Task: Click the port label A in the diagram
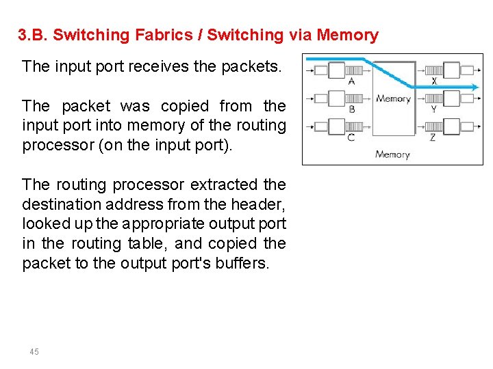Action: pyautogui.click(x=351, y=81)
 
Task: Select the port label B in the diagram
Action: pyautogui.click(x=351, y=109)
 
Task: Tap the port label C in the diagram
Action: pyautogui.click(x=351, y=137)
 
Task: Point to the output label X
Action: pyautogui.click(x=433, y=81)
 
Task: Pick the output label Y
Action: pyautogui.click(x=433, y=109)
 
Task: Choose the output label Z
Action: pyautogui.click(x=433, y=137)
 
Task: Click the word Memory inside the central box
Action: pyautogui.click(x=393, y=98)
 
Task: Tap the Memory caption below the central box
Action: pyautogui.click(x=392, y=154)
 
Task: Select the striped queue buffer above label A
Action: pyautogui.click(x=354, y=70)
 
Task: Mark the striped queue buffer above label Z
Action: pyautogui.click(x=433, y=126)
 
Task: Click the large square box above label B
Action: pyautogui.click(x=337, y=98)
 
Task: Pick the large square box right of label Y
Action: pyautogui.click(x=451, y=98)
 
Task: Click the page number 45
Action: pyautogui.click(x=34, y=351)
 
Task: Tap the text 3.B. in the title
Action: pyautogui.click(x=31, y=35)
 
